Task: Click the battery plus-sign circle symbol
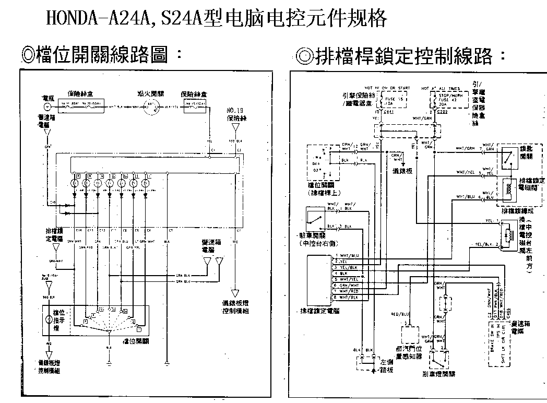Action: pos(47,106)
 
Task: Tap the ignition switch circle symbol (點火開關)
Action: pos(151,106)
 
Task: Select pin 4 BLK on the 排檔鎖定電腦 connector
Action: pos(342,272)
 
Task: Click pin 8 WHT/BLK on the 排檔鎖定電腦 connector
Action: pos(345,297)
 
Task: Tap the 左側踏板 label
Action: pos(386,366)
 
